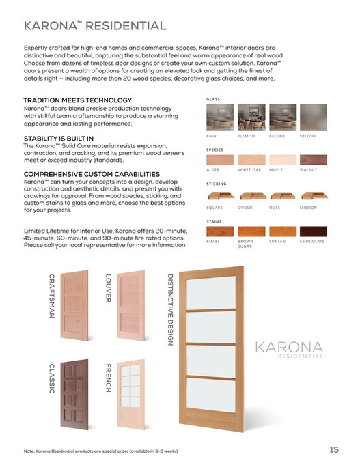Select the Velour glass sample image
click(x=314, y=117)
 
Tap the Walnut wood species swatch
click(x=314, y=160)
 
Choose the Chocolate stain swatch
click(x=314, y=231)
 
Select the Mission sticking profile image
click(x=314, y=197)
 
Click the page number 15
click(x=334, y=449)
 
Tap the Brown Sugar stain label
click(x=245, y=244)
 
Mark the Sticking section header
click(x=217, y=184)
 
